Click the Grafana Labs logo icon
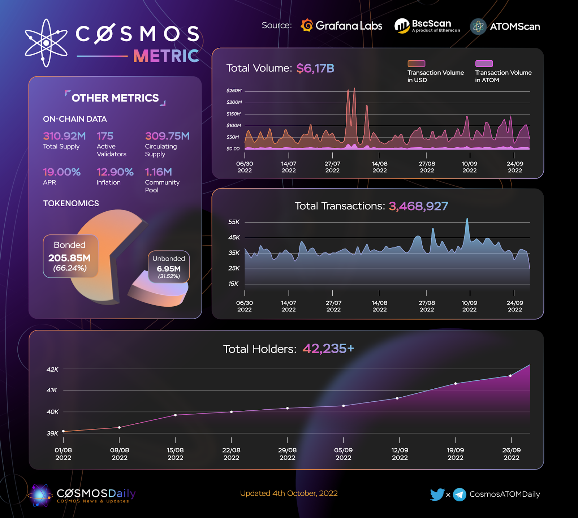[307, 25]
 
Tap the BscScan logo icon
[402, 26]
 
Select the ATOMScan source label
[514, 26]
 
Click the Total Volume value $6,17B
[315, 68]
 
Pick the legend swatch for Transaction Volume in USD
[416, 64]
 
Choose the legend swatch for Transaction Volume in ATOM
[484, 64]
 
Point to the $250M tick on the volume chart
[234, 91]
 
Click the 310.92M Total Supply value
[64, 136]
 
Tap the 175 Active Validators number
[105, 136]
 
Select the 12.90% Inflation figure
[115, 172]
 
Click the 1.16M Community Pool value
[158, 172]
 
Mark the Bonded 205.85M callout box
[70, 256]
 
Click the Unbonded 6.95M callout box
[169, 267]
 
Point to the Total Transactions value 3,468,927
[418, 206]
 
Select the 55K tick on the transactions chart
[234, 222]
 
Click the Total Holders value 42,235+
[328, 349]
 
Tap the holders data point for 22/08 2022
[232, 412]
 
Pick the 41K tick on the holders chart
[52, 390]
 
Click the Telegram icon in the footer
[460, 495]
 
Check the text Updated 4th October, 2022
[289, 493]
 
